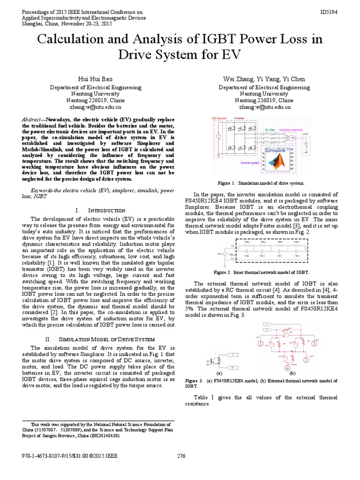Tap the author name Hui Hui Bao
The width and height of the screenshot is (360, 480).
pos(96,78)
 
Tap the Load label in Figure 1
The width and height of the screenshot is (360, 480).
pos(305,133)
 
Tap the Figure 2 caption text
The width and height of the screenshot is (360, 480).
pos(261,272)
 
